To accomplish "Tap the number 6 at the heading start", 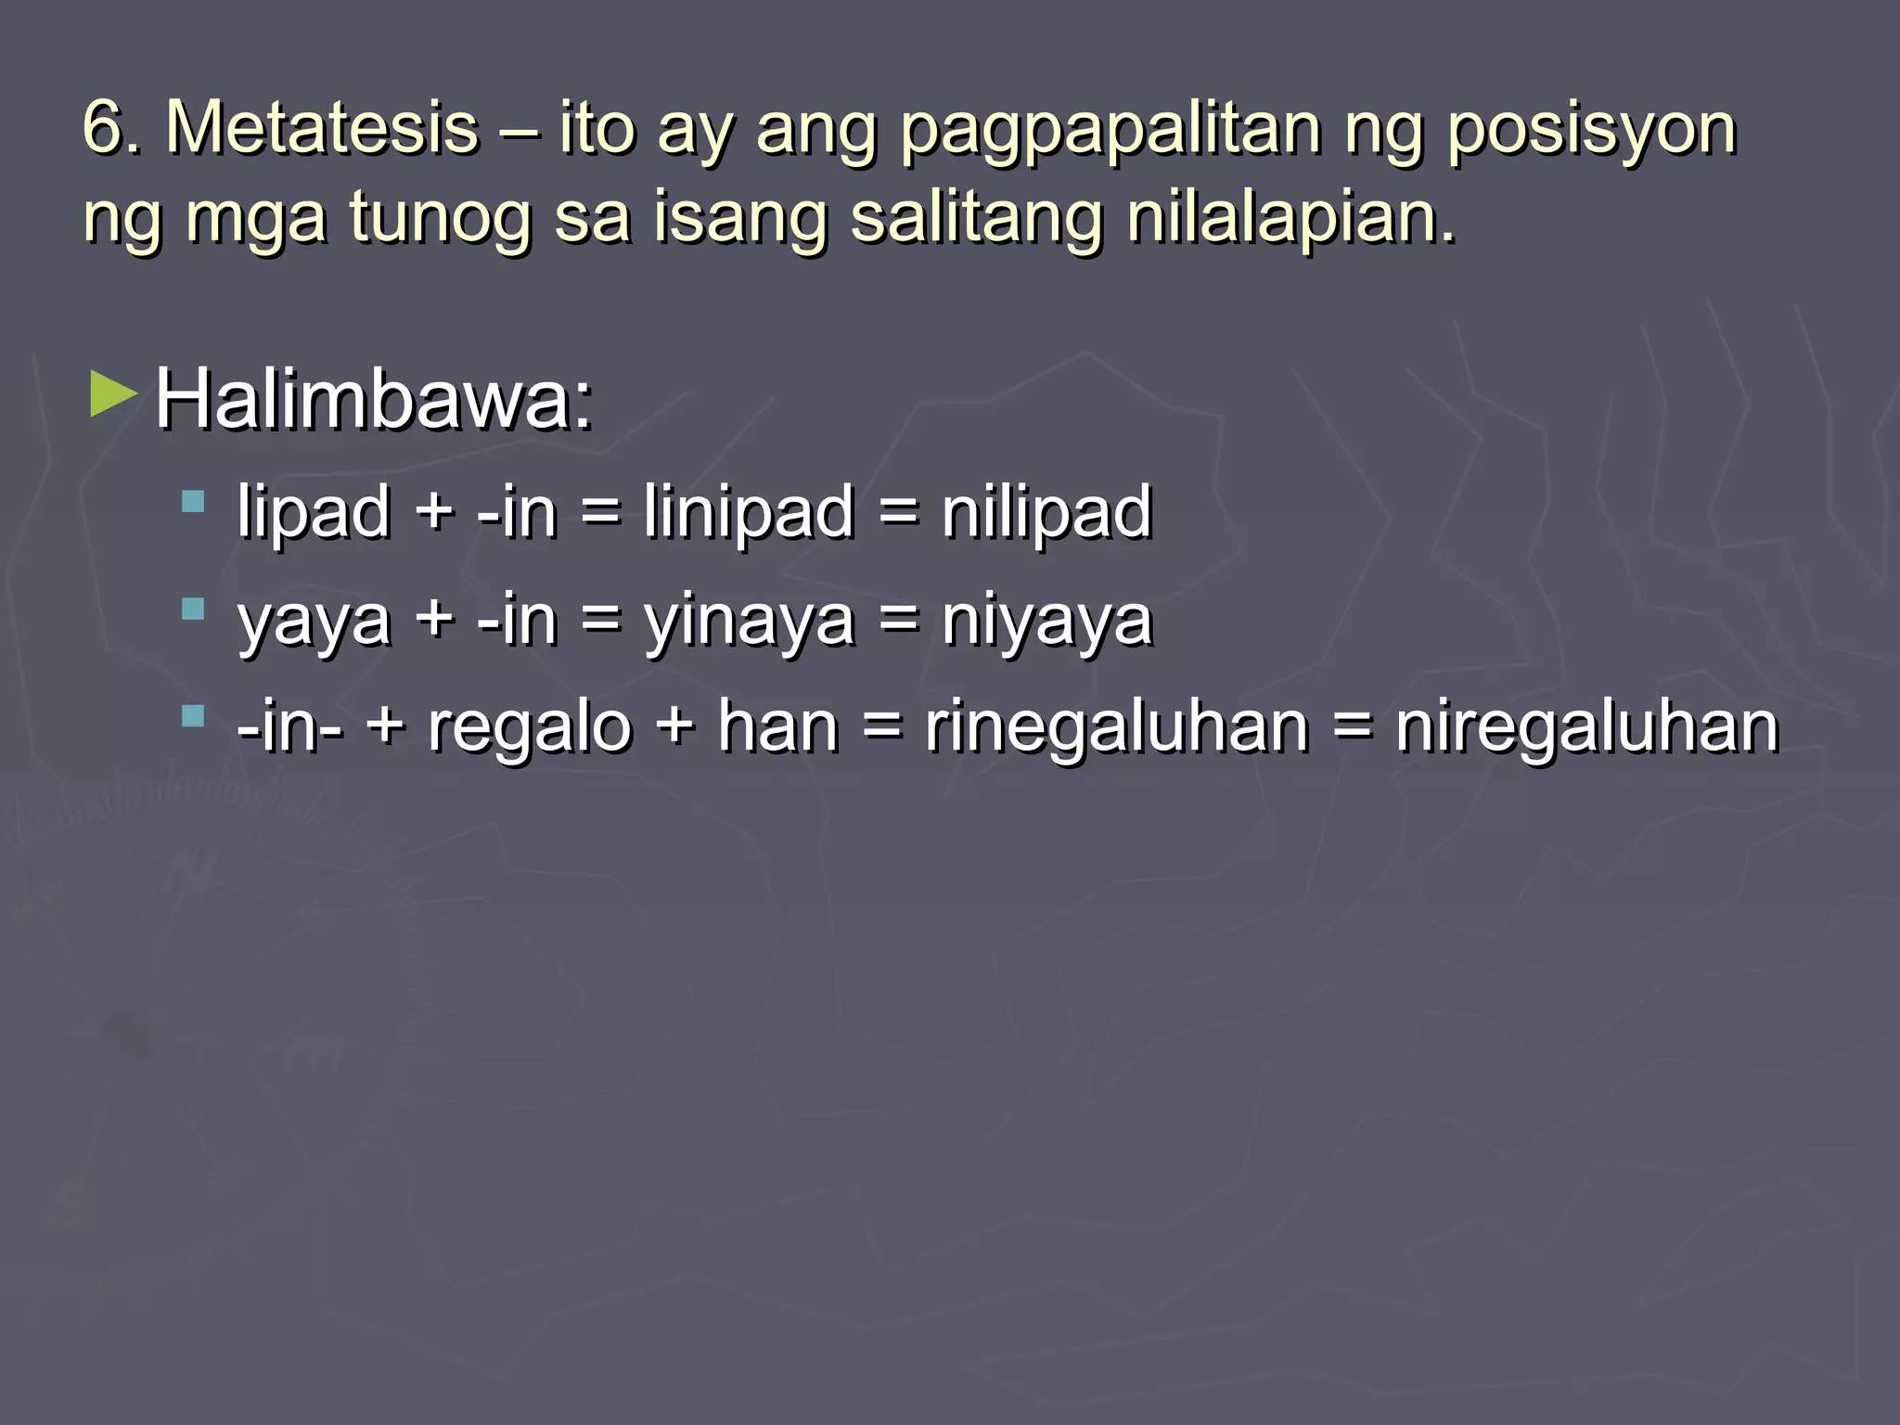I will click(x=104, y=129).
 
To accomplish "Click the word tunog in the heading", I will click(x=439, y=219).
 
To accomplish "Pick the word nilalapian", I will click(x=1290, y=219).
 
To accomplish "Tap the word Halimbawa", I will click(x=373, y=401).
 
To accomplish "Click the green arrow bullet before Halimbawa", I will click(x=113, y=395).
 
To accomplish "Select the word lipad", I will click(x=313, y=511).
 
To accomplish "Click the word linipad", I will click(x=749, y=511).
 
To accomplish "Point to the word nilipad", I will click(x=1046, y=511).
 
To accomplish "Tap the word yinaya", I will click(x=749, y=620).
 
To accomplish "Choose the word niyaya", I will click(x=1046, y=620).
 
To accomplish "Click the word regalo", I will click(x=529, y=727).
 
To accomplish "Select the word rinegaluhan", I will click(x=1117, y=727).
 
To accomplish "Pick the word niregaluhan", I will click(x=1587, y=727).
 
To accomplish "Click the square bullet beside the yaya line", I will click(x=193, y=610).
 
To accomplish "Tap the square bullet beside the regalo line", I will click(x=193, y=716).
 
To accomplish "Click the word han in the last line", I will click(x=777, y=727).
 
